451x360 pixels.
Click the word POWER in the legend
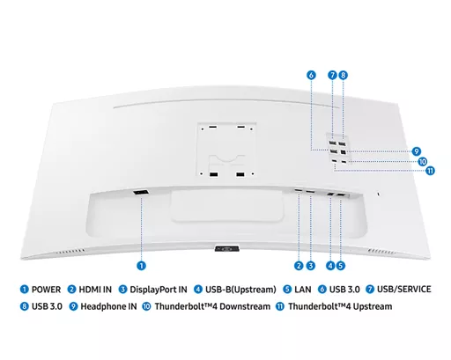point(46,290)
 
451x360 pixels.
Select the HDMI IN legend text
point(95,290)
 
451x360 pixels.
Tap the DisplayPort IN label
point(159,290)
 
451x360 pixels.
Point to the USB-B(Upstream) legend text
point(240,290)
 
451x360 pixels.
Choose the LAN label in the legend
point(303,290)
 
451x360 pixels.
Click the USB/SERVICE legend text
point(404,290)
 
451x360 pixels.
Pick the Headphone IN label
point(108,306)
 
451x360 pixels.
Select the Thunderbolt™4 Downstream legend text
point(212,306)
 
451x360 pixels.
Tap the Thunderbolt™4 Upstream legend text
point(340,306)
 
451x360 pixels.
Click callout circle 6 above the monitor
point(311,75)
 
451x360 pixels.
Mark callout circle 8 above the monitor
point(343,75)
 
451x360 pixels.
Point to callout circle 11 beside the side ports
point(430,171)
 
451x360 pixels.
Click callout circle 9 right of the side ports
point(417,151)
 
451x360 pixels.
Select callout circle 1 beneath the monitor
point(141,266)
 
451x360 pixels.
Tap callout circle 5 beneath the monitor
point(340,266)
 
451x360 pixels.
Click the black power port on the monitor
point(141,193)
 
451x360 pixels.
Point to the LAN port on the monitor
point(342,195)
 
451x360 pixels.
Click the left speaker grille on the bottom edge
point(70,252)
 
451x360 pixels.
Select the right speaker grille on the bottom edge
point(381,252)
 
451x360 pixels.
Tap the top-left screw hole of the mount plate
point(203,129)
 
